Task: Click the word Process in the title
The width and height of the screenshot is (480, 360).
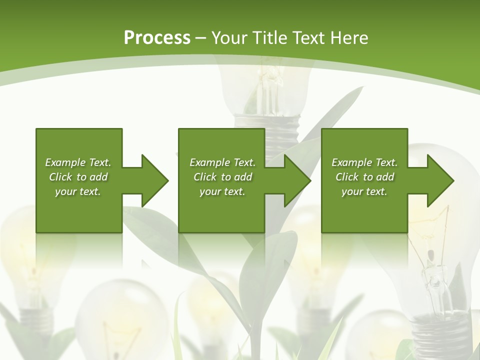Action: [157, 38]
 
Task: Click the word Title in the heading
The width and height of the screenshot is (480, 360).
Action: [273, 38]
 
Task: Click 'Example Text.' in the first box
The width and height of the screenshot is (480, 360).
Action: [78, 162]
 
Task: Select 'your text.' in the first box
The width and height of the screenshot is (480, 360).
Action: [78, 191]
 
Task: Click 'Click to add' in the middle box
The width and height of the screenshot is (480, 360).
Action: [222, 177]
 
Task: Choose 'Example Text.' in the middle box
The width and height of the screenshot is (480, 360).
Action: [222, 162]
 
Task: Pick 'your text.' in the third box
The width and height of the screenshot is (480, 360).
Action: [364, 191]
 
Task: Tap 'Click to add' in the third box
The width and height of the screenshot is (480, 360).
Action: [364, 177]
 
